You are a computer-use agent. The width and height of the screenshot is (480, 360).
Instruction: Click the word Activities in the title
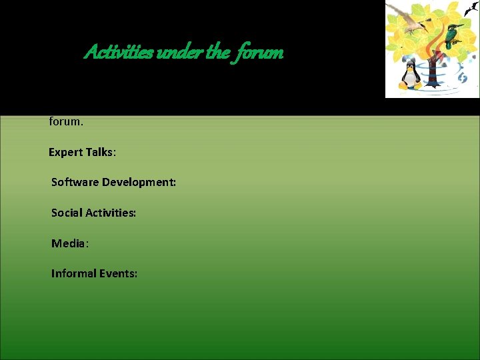(x=117, y=53)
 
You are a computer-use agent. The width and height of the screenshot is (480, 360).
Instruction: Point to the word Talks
(x=101, y=153)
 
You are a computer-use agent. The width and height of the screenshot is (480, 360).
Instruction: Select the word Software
(x=75, y=182)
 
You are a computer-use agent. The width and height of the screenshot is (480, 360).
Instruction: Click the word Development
(x=139, y=182)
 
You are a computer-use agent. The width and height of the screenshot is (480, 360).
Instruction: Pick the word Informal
(x=75, y=273)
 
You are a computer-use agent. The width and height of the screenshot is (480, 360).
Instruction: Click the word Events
(x=119, y=273)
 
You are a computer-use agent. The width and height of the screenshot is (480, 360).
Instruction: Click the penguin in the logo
(x=411, y=75)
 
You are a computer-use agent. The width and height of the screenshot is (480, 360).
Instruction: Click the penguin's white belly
(x=411, y=79)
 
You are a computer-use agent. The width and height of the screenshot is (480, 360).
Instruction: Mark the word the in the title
(x=217, y=53)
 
